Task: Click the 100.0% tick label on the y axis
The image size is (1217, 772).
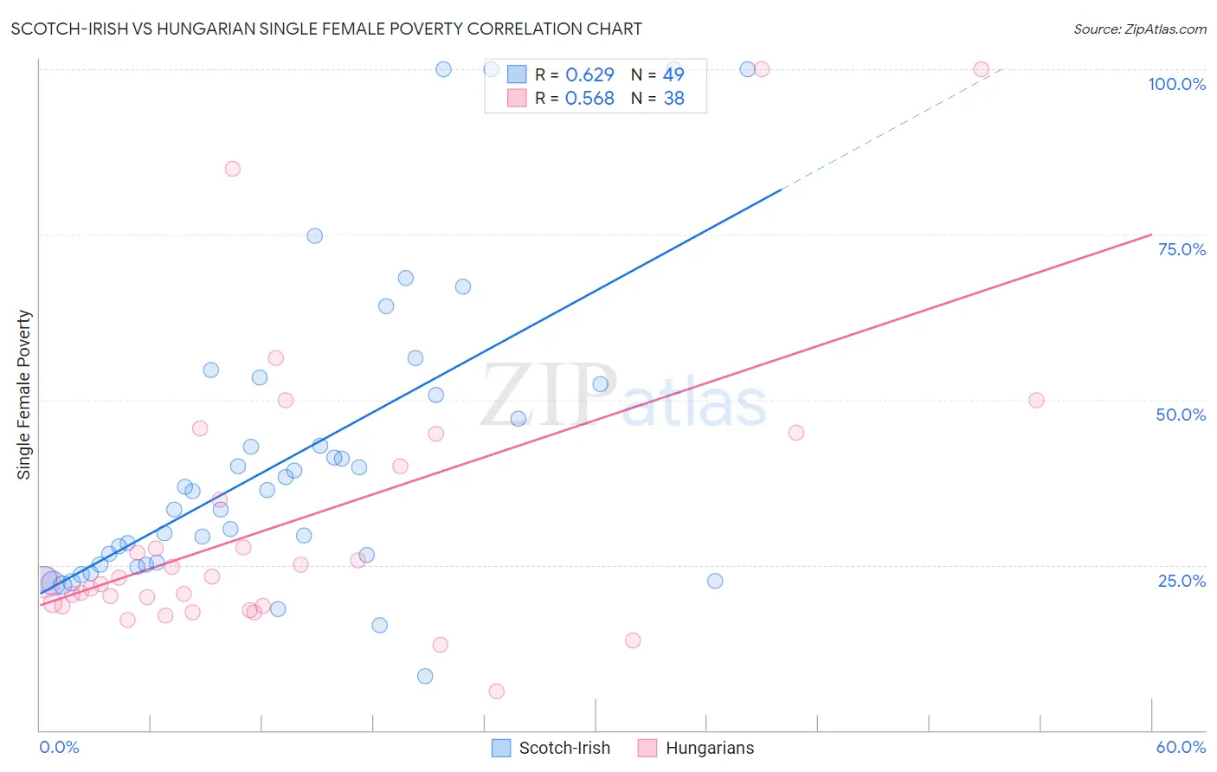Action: pos(1176,84)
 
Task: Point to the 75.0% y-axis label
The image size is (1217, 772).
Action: pos(1182,249)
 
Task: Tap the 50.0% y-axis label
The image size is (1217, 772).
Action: pos(1181,415)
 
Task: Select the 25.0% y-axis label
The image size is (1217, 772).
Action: pos(1182,581)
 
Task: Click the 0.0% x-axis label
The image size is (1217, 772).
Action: pos(59,747)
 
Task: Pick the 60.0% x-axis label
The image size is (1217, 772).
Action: pos(1181,747)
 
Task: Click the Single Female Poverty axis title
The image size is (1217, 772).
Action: pos(24,395)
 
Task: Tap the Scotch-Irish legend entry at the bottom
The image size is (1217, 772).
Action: pos(551,748)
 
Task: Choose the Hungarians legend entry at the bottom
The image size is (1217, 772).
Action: pos(696,748)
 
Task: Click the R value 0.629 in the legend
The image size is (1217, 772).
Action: pos(589,75)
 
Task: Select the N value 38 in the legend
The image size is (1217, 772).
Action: pos(673,99)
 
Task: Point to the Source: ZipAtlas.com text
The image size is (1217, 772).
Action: pos(1139,29)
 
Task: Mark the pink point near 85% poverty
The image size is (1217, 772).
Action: pos(232,169)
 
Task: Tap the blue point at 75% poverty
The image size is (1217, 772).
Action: pos(315,236)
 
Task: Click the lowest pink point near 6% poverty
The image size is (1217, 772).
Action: pos(496,692)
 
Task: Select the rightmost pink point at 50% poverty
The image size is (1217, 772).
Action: pos(1036,401)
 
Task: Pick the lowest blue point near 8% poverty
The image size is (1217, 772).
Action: pos(425,676)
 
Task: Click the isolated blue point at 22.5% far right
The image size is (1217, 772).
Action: pos(715,581)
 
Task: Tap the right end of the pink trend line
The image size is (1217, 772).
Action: pos(1151,235)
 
